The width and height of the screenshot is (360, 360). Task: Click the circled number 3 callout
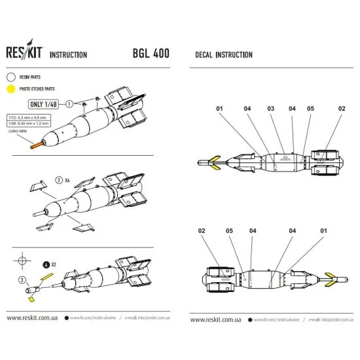22,280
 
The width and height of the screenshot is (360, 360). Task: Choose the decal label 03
270,108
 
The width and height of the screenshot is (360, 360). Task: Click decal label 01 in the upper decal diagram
221,108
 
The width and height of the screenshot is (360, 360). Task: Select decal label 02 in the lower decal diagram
202,231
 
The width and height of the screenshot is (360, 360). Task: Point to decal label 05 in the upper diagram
310,108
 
